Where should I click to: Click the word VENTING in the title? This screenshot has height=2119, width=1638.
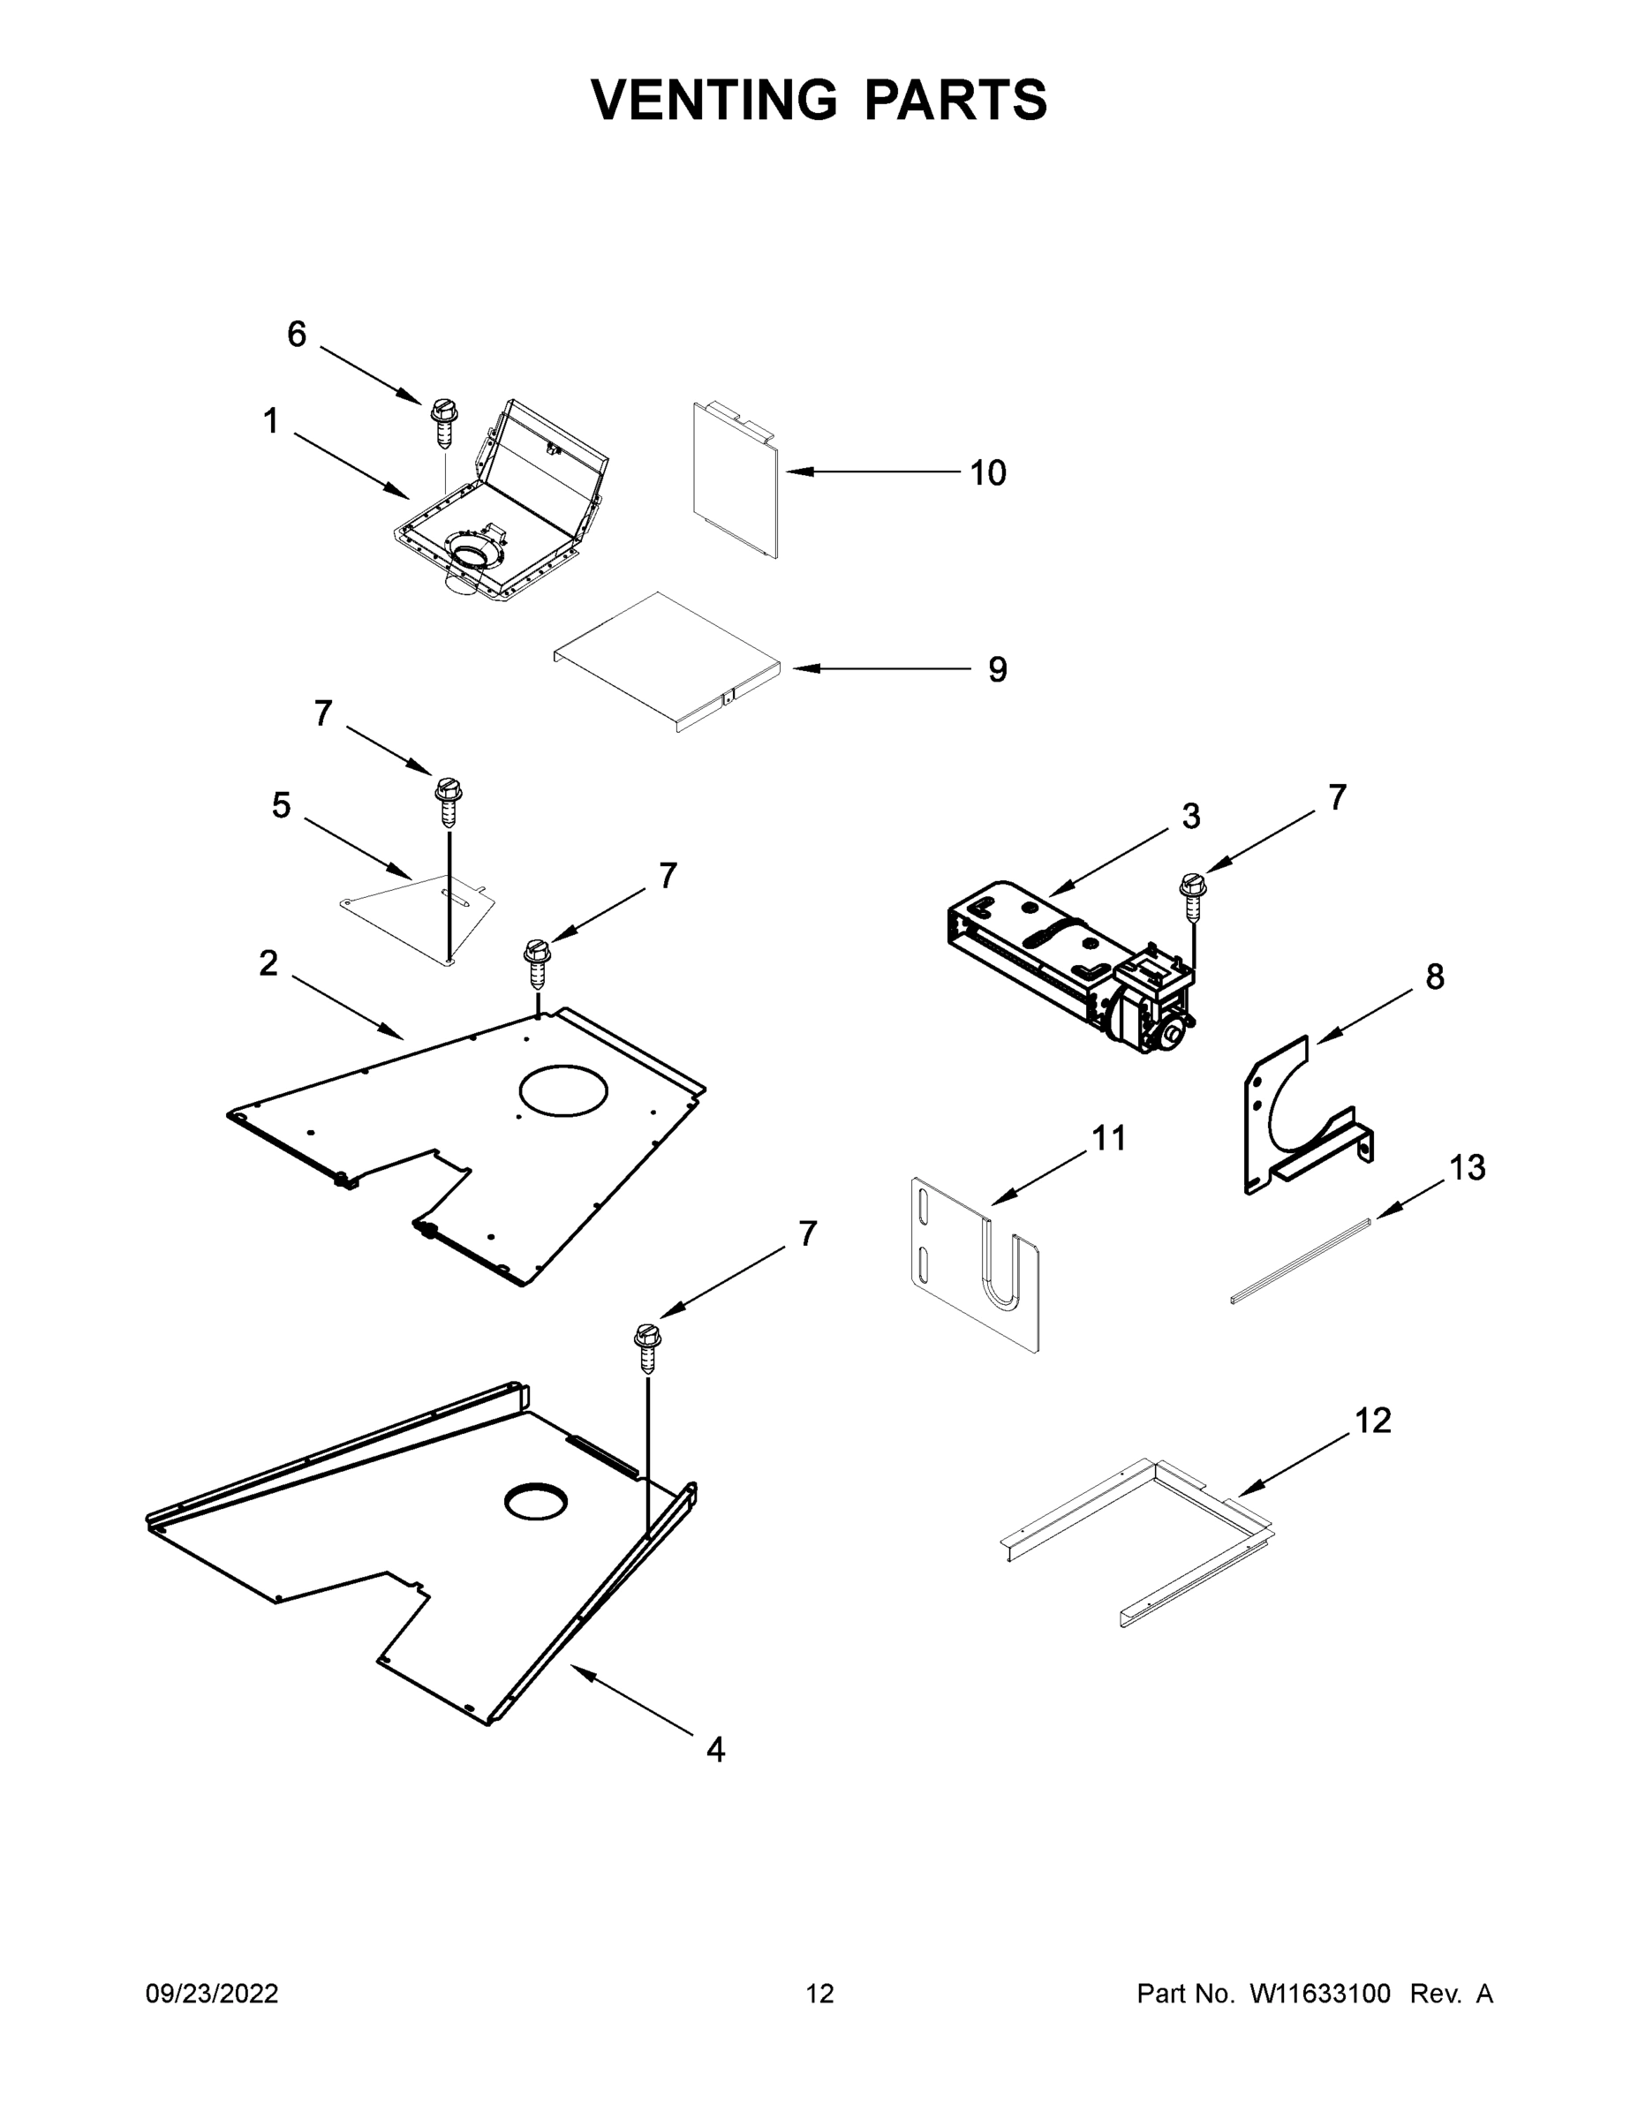coord(713,100)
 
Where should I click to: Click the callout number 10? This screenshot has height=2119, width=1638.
coord(988,473)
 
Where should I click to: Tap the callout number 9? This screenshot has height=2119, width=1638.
coord(997,669)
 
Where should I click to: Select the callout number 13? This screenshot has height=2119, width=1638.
coord(1466,1168)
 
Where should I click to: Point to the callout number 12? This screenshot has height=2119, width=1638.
coord(1372,1421)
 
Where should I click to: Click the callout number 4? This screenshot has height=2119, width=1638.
coord(715,1749)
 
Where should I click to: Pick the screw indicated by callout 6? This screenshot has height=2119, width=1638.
coord(443,422)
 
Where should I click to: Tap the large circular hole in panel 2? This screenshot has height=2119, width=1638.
coord(562,1090)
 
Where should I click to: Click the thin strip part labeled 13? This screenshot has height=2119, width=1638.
coord(1301,1262)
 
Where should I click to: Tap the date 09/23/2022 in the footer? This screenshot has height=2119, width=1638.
coord(212,1994)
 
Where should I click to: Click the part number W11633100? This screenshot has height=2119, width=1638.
coord(1320,1994)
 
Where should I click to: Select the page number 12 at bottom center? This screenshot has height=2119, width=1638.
coord(819,1994)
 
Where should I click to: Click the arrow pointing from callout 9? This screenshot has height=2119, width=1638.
coord(879,668)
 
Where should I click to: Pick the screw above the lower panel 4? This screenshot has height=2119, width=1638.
coord(647,1346)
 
